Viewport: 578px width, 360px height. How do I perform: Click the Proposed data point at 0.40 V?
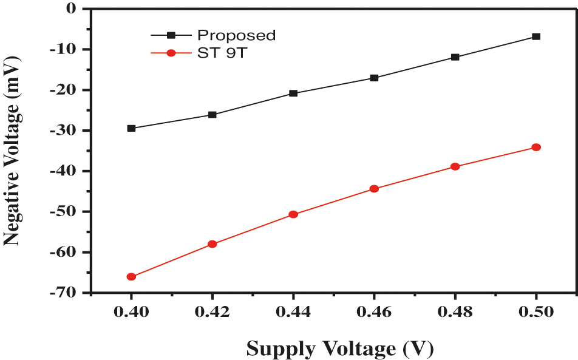[x=131, y=128]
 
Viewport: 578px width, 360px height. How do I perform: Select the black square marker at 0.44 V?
[x=293, y=93]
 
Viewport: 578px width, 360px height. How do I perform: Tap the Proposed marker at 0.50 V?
[x=536, y=36]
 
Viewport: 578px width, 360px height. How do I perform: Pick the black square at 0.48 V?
[x=455, y=57]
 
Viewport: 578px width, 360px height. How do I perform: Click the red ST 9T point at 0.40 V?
[x=131, y=277]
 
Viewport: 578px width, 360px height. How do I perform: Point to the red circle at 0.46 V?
[x=374, y=189]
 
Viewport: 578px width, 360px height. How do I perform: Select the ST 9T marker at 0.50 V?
[x=536, y=148]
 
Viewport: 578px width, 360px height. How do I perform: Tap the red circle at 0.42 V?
[x=212, y=244]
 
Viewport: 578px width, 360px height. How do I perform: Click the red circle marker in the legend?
[x=171, y=53]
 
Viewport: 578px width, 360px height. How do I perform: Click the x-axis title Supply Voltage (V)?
[x=339, y=348]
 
